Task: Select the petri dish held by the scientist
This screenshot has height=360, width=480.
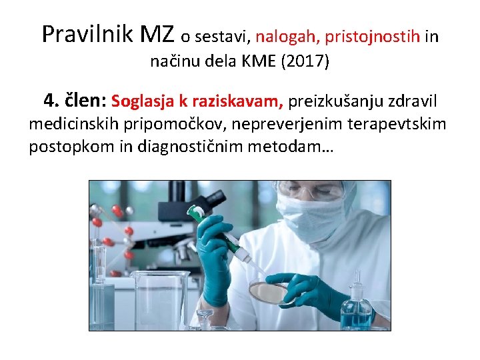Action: [x=268, y=291]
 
